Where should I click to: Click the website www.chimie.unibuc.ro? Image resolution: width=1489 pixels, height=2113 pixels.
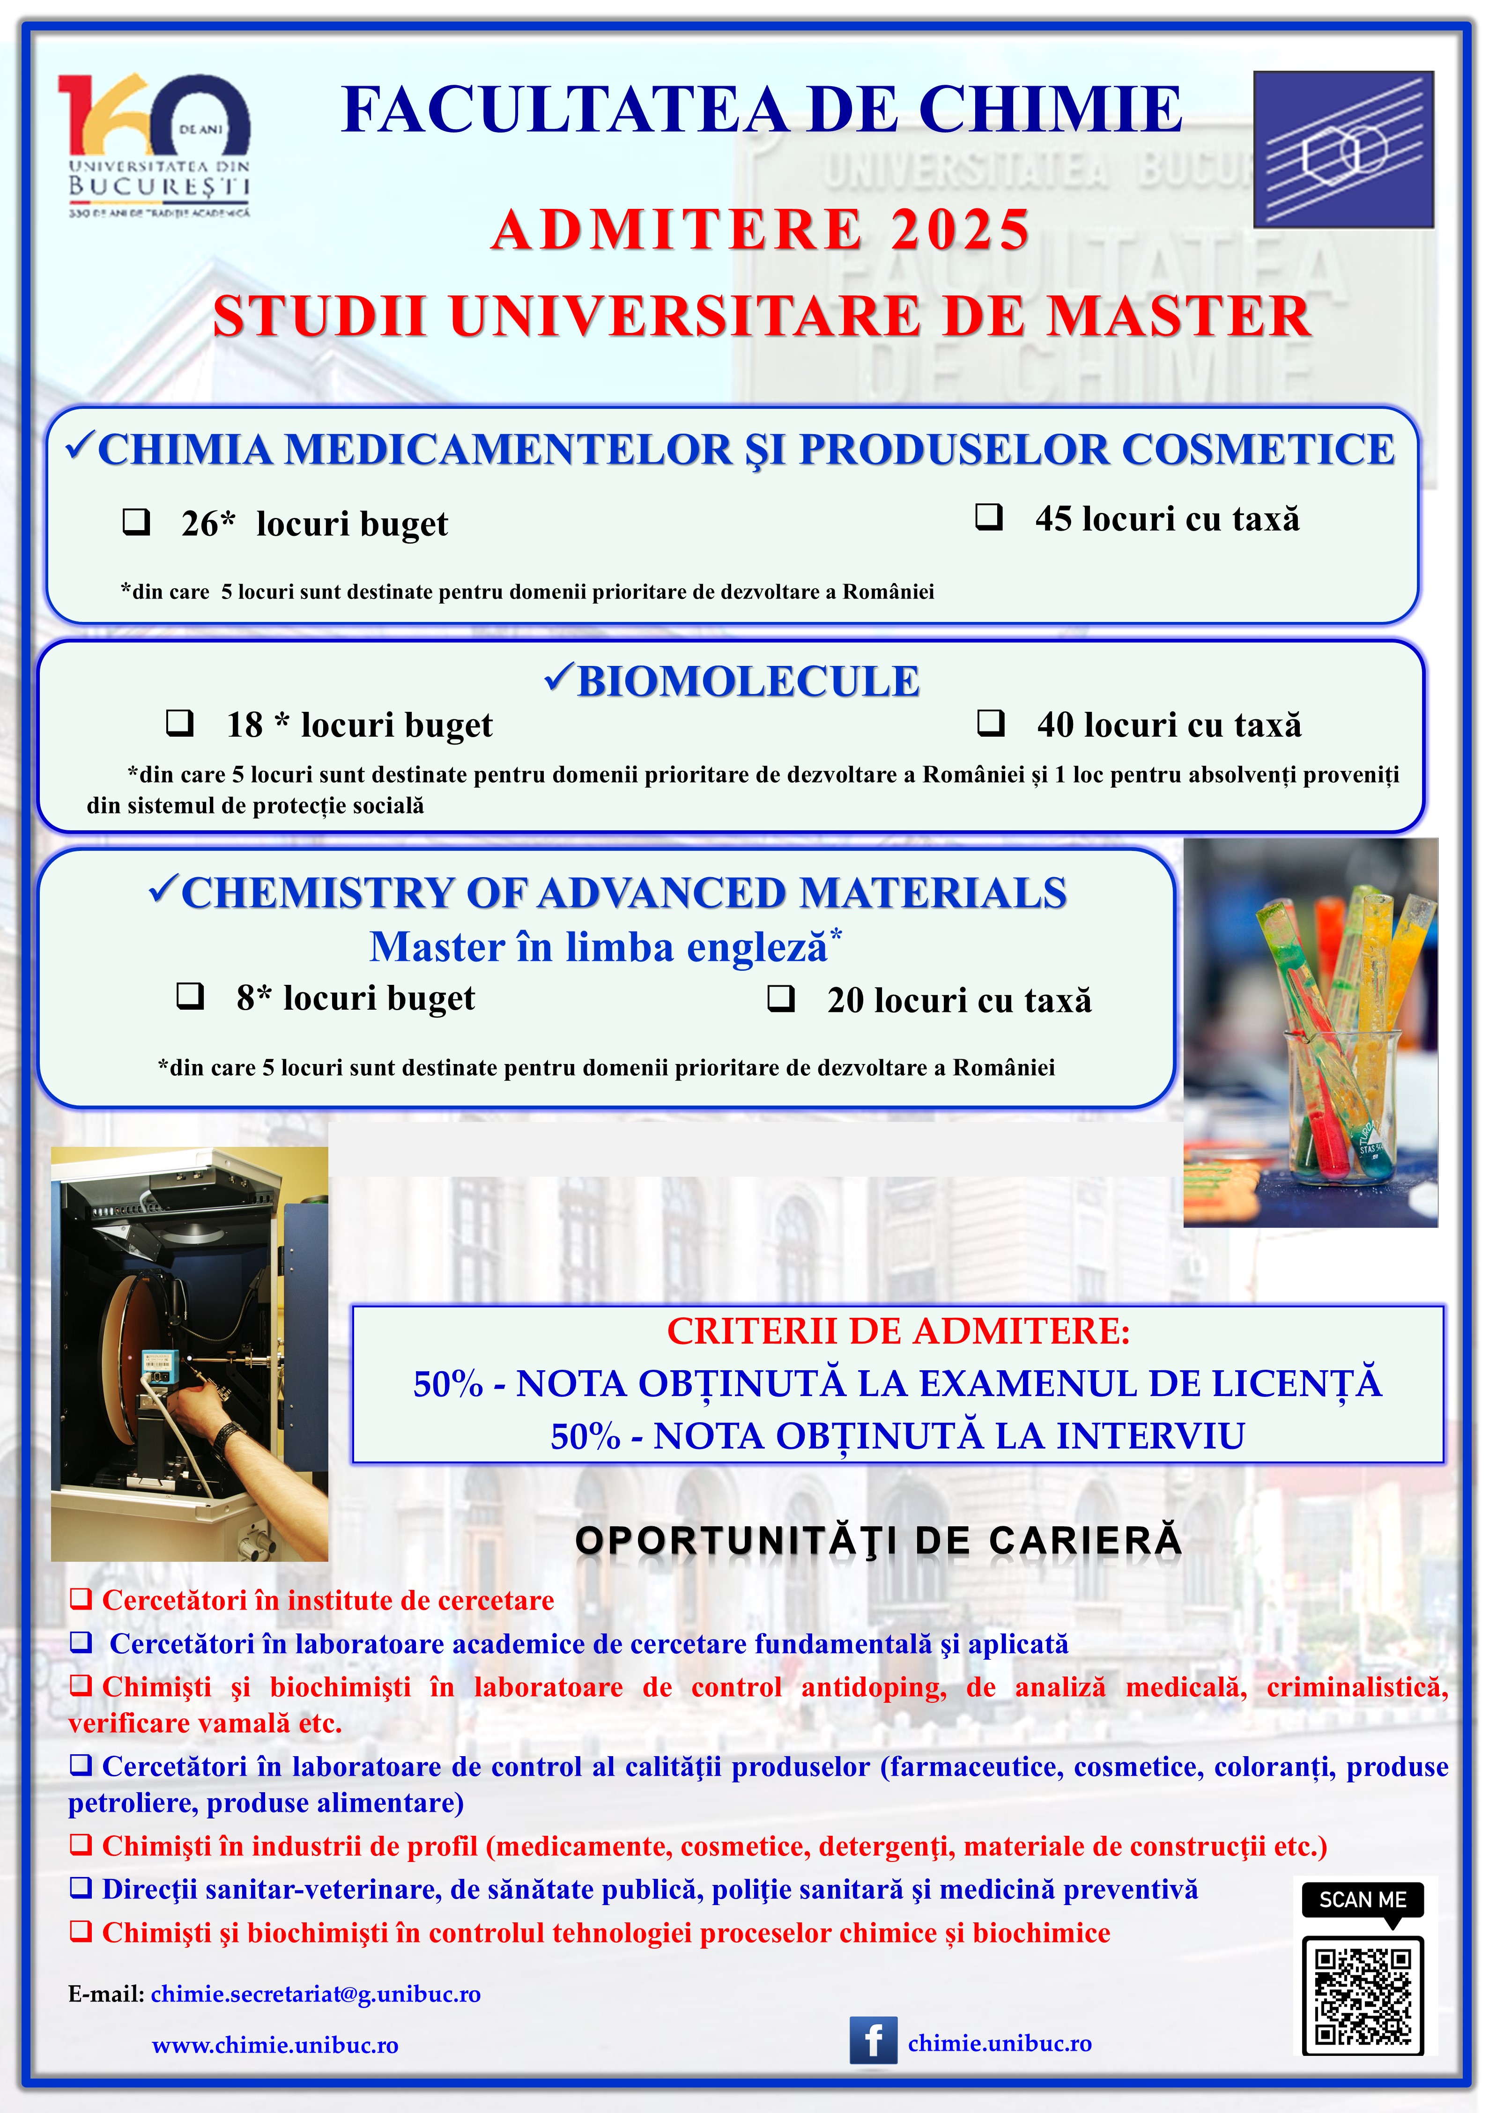point(275,2045)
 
